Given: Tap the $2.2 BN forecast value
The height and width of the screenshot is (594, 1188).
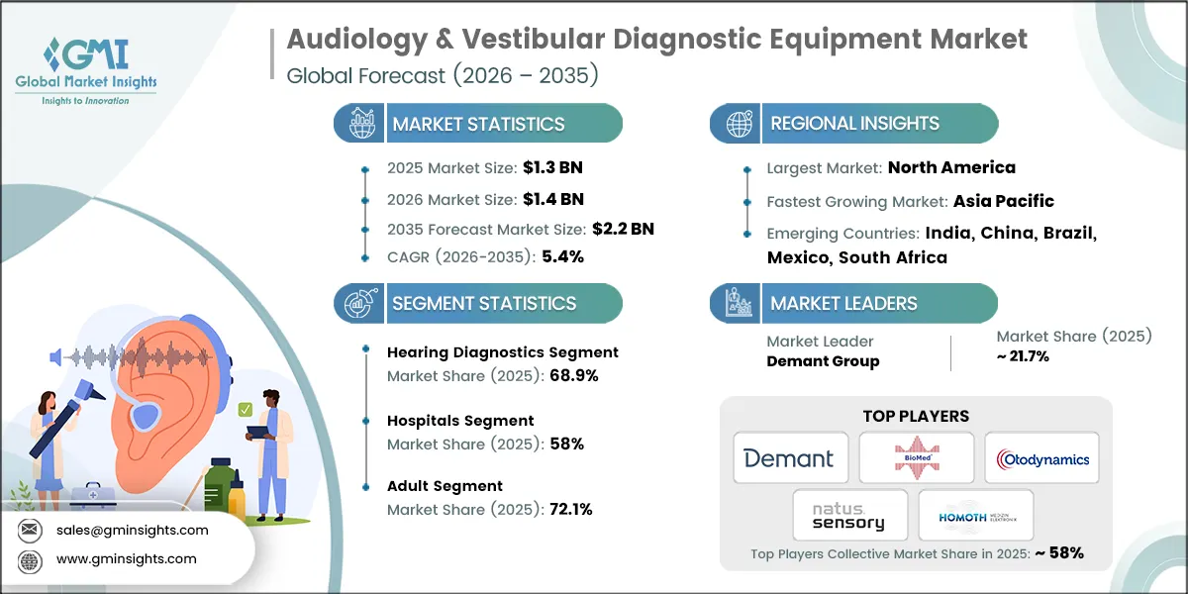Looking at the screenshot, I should click(624, 229).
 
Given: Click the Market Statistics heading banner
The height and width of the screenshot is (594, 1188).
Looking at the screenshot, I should click(478, 124).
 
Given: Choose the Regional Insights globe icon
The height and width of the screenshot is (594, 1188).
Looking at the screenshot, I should click(738, 124).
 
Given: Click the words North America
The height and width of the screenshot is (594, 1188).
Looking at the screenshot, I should click(950, 167).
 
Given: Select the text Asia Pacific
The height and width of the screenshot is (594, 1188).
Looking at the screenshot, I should click(1003, 201).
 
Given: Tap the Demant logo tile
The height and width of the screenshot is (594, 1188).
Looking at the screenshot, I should click(790, 458).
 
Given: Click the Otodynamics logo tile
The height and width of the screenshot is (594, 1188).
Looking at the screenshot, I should click(1040, 458).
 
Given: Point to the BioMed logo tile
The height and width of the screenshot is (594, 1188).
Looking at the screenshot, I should click(916, 458).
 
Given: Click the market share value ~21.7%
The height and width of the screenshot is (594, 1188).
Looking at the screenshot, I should click(1023, 356).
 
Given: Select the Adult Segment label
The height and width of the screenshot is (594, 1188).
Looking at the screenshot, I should click(445, 486).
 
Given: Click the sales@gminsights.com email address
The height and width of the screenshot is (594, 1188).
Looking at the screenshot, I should click(134, 530).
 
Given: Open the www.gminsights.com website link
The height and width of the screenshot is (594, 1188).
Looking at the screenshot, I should click(127, 558).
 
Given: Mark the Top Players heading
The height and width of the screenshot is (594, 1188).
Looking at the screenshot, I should click(916, 416).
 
